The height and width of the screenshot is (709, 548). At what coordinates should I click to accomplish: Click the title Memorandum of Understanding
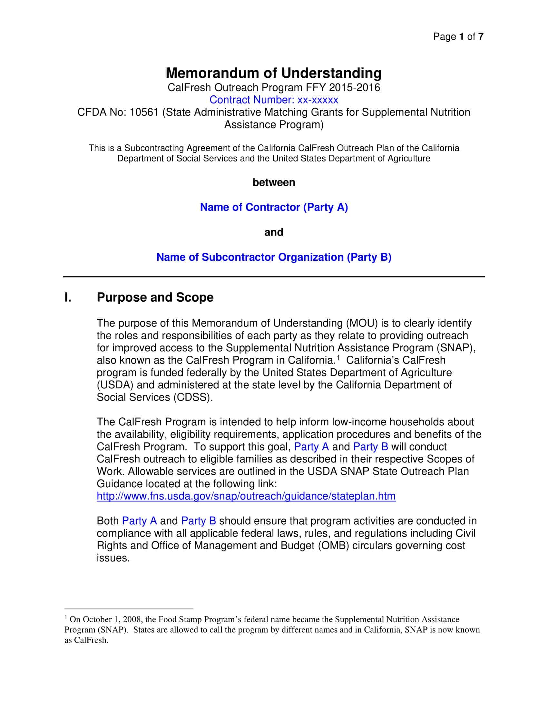[274, 73]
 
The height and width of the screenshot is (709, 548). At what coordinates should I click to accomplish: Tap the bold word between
[274, 182]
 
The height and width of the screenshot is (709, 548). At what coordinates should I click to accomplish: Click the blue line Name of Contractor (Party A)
[274, 207]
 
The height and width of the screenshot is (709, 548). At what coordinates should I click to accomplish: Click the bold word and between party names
[274, 232]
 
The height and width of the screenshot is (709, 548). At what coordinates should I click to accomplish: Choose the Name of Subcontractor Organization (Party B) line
[274, 257]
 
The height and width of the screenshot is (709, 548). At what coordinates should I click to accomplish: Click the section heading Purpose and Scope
[155, 297]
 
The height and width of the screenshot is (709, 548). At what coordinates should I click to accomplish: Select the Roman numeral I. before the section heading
[68, 297]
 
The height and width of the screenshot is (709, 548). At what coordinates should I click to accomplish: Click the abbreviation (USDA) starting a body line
[115, 385]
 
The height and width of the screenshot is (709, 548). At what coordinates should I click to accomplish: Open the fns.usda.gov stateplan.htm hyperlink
[246, 496]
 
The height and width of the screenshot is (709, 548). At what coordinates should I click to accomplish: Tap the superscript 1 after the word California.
[338, 358]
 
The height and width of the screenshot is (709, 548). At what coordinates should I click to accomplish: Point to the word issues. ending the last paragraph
[113, 558]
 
